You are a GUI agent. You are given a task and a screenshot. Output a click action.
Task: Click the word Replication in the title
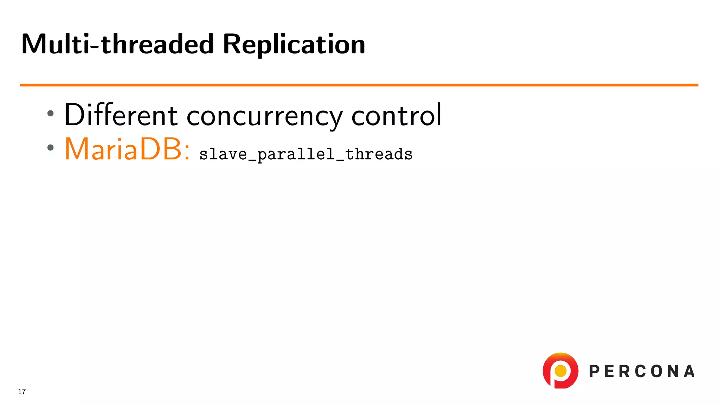(x=294, y=45)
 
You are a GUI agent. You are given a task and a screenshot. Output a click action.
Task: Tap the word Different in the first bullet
(x=121, y=115)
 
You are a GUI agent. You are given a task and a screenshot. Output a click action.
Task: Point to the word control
(x=396, y=115)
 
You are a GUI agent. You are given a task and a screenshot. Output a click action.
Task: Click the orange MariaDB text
(x=123, y=149)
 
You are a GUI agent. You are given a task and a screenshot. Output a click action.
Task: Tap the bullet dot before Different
(x=51, y=113)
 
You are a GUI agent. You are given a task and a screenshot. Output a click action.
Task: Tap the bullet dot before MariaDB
(x=51, y=148)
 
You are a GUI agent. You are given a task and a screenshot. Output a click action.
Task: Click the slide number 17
(x=22, y=392)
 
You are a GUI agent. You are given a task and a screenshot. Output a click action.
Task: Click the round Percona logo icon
(x=560, y=371)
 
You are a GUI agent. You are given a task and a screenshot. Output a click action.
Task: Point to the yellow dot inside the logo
(x=560, y=371)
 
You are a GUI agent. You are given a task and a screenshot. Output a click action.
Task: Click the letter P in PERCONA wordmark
(x=594, y=372)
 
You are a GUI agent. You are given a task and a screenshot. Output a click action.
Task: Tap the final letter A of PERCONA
(x=689, y=372)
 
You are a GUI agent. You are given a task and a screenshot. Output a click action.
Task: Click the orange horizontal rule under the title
(x=359, y=85)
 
